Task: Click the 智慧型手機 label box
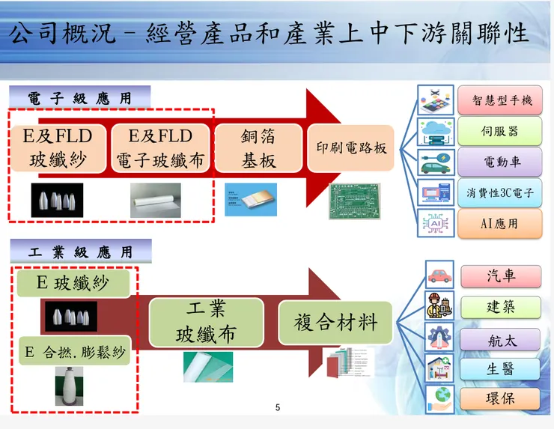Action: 500,100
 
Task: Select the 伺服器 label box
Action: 500,131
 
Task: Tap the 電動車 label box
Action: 500,162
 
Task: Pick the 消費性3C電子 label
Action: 500,192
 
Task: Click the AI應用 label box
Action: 500,223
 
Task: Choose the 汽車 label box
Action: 500,276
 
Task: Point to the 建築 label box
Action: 500,307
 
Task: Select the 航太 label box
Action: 500,339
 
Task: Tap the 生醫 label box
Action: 500,369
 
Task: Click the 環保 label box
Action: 500,398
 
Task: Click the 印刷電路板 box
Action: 351,147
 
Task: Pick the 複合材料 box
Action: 335,323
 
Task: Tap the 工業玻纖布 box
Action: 205,323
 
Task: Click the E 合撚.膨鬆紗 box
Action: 75,351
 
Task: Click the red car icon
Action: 439,275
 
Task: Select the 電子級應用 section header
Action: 80,98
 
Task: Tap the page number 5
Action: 278,408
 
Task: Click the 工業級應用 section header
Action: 80,252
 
